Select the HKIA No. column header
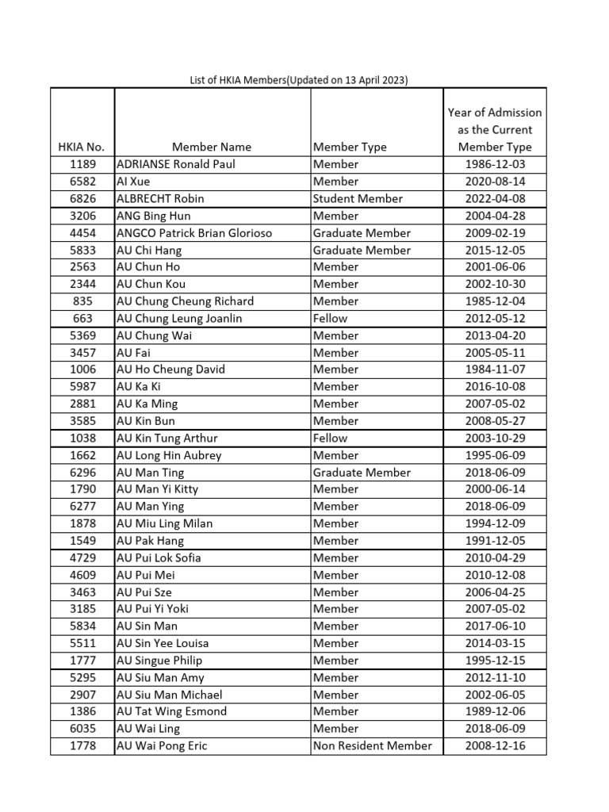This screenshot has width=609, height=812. coord(82,147)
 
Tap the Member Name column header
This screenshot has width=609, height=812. coord(212,147)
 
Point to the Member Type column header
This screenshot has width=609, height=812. coord(350,147)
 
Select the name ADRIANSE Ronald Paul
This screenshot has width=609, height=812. coord(176,164)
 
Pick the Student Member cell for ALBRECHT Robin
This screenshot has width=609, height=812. coord(358,199)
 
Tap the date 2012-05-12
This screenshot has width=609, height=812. coord(495,318)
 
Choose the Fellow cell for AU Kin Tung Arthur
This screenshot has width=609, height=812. coord(330,438)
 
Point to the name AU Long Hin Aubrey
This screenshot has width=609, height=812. coord(169,455)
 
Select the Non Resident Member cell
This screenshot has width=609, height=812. coord(373,745)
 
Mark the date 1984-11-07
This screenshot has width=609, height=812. coord(495,370)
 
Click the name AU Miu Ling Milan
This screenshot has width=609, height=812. coord(164,523)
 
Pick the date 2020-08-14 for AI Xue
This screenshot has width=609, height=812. coord(495,182)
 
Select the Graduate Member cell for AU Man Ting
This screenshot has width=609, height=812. coord(362,473)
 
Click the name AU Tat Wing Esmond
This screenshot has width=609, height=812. coord(171,711)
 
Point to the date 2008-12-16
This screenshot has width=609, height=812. coord(495,745)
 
